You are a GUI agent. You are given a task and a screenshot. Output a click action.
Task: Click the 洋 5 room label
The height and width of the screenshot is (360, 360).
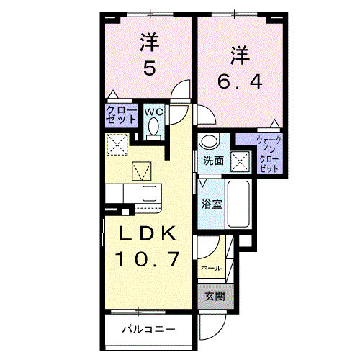(x=149, y=55)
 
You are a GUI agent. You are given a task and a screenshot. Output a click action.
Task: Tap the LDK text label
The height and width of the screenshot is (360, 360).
(x=148, y=234)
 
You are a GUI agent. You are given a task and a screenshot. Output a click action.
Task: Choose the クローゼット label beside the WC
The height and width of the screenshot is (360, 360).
(x=118, y=115)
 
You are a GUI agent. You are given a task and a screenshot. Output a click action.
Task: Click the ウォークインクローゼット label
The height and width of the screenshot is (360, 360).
(x=269, y=153)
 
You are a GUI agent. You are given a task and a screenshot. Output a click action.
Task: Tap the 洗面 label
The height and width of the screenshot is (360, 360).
(x=212, y=160)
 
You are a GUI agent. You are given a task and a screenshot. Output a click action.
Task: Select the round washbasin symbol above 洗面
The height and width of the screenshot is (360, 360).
(x=209, y=141)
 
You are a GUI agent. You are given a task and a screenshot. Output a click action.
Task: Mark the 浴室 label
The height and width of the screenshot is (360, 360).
(x=211, y=203)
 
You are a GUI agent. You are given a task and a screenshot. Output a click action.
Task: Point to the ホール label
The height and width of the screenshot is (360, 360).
(x=210, y=268)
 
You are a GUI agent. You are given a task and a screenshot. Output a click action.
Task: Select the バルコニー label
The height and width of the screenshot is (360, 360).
(x=148, y=330)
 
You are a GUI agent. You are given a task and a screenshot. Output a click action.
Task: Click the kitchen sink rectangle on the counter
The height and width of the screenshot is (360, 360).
(x=149, y=193)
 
